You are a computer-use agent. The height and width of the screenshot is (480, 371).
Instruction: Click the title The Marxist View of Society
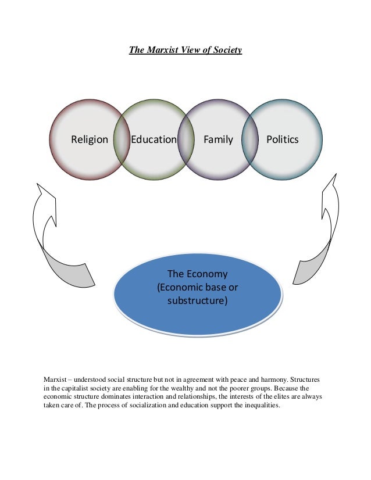[x=185, y=51]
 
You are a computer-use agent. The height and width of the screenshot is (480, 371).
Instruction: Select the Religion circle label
[x=90, y=139]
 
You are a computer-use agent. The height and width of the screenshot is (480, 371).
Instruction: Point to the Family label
[x=218, y=139]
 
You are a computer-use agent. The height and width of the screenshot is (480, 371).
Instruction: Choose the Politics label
[x=282, y=139]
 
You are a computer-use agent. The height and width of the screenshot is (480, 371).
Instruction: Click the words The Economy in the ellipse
[x=198, y=274]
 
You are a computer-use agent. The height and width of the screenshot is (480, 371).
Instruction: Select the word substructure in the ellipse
[x=198, y=301]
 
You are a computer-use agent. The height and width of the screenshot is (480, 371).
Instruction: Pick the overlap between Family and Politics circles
[x=250, y=139]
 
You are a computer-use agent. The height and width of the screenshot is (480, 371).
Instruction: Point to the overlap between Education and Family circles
[x=185, y=139]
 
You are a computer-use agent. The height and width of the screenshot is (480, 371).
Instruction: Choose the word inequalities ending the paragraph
[x=260, y=406]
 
